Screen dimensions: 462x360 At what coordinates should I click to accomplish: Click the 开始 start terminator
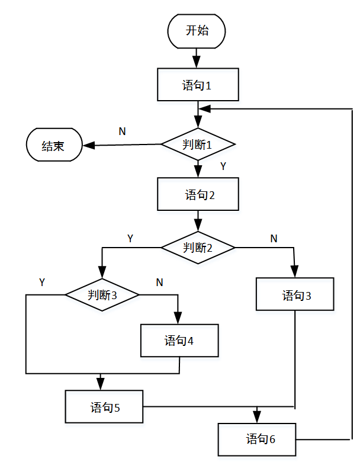coord(197,31)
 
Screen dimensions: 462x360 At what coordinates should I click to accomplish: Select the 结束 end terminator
coord(53,145)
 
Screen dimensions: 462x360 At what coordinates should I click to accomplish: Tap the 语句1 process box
coord(198,85)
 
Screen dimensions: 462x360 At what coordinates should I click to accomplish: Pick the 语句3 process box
coord(295,294)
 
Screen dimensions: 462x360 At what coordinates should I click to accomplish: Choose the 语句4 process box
coord(179,340)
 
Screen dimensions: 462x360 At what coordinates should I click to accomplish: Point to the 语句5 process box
coord(104,407)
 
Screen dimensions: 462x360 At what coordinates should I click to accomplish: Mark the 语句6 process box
coord(256,439)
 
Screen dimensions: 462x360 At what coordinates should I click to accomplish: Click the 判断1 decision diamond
coord(198,144)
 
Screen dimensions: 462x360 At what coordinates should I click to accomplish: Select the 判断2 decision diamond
coord(198,247)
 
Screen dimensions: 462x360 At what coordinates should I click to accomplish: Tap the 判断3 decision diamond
coord(102,294)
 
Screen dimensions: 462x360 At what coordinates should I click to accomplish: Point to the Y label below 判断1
coord(223,166)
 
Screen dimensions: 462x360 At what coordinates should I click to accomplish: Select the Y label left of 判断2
coord(130,238)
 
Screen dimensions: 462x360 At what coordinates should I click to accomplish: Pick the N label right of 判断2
coord(274,238)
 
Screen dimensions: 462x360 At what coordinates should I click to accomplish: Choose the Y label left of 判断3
coord(42,282)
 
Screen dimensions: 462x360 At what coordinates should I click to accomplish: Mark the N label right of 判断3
coord(159,282)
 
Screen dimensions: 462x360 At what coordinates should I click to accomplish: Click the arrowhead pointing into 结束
coord(87,145)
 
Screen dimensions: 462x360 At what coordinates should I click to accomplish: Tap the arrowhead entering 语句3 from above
coord(295,272)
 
